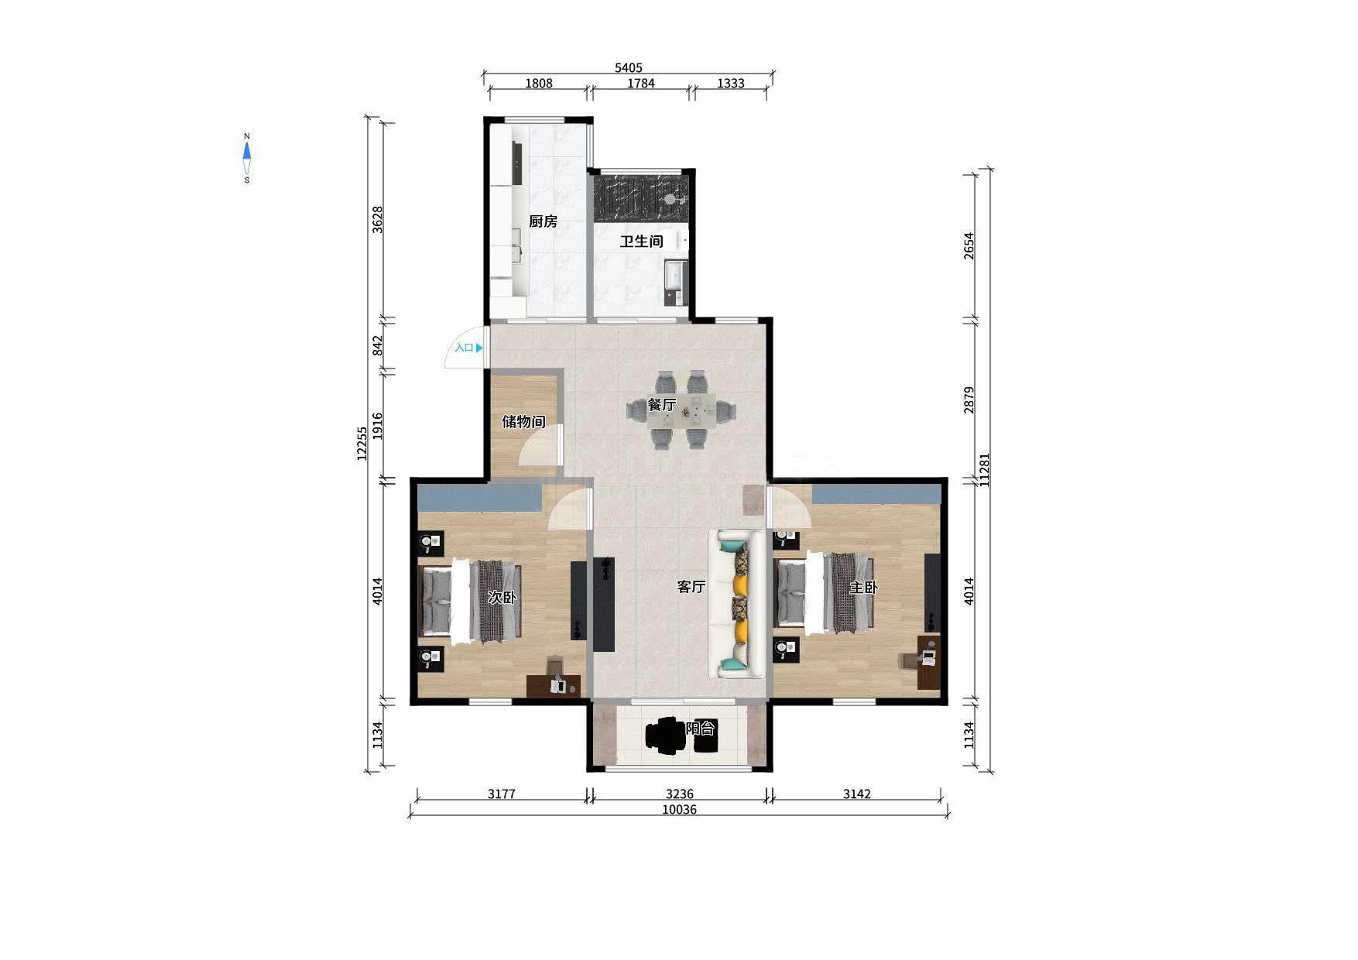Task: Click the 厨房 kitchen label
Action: [x=543, y=221]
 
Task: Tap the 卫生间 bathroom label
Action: [x=641, y=242]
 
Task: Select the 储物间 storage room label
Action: [x=523, y=422]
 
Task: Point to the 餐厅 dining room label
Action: [x=662, y=405]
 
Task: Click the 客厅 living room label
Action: [x=691, y=587]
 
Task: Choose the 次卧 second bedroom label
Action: [x=502, y=598]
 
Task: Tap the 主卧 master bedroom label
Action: [x=864, y=588]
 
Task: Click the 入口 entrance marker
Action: [x=468, y=348]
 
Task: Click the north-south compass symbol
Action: [x=247, y=158]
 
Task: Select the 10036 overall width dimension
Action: [x=679, y=810]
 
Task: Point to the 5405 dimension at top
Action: [x=629, y=68]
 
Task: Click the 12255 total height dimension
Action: [x=362, y=444]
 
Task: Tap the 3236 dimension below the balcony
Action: [x=679, y=794]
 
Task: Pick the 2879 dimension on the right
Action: [x=969, y=400]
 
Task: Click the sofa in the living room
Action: [x=737, y=604]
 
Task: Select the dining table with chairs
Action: [x=681, y=410]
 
